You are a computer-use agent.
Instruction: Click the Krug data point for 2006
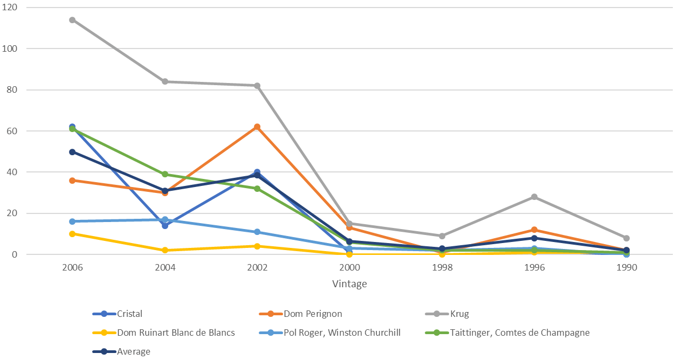point(72,20)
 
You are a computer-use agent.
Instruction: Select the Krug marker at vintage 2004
point(165,81)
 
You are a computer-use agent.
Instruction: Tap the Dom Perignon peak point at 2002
point(257,127)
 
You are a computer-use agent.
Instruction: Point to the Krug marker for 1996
point(534,197)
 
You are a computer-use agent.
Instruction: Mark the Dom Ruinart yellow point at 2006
point(72,234)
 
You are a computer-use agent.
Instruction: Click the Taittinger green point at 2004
point(165,174)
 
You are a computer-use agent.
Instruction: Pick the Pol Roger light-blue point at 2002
point(257,232)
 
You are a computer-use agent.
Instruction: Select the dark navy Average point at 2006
point(72,152)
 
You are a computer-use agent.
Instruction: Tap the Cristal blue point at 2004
point(165,225)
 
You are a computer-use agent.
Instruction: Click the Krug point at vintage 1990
point(626,238)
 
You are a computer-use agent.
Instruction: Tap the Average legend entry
point(134,351)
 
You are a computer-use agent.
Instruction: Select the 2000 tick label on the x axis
point(349,268)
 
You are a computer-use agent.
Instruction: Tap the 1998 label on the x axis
point(442,268)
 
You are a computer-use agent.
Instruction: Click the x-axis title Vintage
point(349,284)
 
